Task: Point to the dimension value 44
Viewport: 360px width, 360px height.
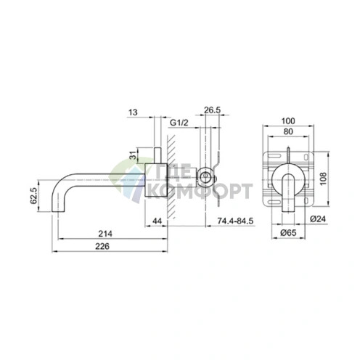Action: pos(158,220)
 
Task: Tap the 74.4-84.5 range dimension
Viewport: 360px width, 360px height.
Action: pos(232,220)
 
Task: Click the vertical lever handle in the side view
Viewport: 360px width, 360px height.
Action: pos(157,156)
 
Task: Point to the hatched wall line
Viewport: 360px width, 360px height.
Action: pos(171,174)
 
